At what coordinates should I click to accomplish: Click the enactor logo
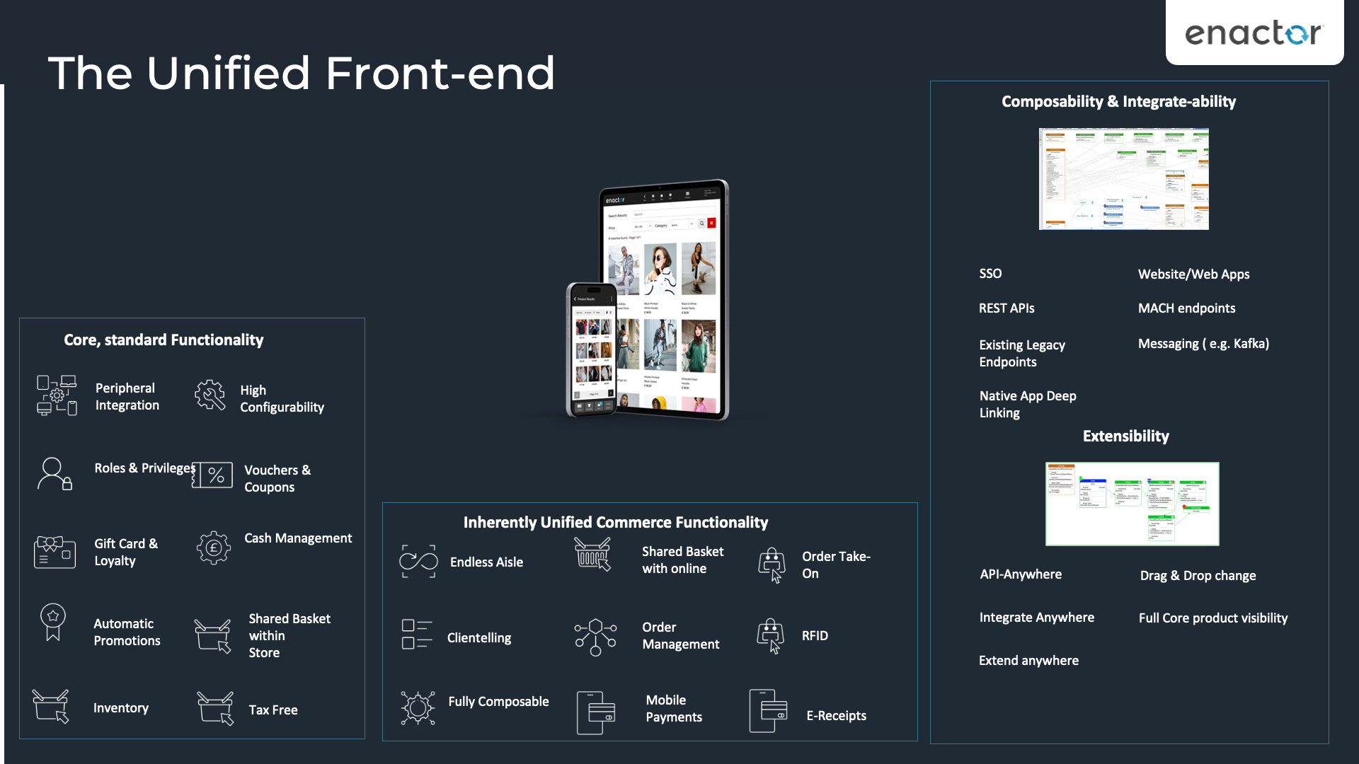(1254, 33)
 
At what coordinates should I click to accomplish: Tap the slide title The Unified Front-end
(302, 74)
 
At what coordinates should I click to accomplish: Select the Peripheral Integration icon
(57, 395)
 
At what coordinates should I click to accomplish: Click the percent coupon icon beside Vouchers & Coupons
(213, 475)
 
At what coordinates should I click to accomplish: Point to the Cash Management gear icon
(213, 548)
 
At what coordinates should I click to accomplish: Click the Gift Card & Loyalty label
(126, 552)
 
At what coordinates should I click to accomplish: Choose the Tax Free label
(273, 710)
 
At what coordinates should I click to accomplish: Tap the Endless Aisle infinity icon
(418, 562)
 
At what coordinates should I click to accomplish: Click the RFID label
(815, 636)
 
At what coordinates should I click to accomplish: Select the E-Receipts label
(836, 716)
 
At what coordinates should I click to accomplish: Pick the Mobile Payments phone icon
(595, 712)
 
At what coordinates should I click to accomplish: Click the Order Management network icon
(595, 637)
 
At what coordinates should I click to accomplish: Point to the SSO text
(990, 274)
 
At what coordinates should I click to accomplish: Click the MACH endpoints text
(1186, 308)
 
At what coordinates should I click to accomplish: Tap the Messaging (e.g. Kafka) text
(1203, 344)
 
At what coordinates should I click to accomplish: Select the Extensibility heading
(1125, 436)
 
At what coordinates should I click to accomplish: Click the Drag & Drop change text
(1198, 576)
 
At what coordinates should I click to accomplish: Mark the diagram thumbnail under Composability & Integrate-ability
(1123, 179)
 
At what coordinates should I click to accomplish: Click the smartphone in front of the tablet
(592, 349)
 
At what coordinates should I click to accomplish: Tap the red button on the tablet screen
(711, 223)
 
